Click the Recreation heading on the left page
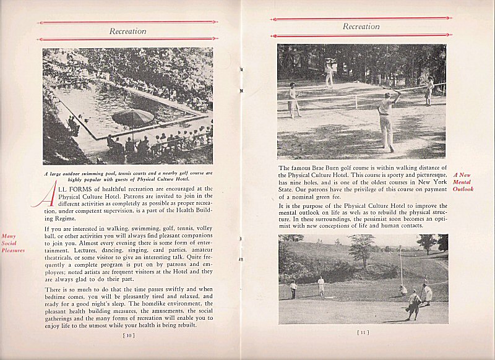tap(127, 31)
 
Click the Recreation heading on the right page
tap(361, 27)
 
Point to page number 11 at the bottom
tap(363, 332)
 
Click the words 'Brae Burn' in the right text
tap(330, 168)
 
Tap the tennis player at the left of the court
tap(293, 100)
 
